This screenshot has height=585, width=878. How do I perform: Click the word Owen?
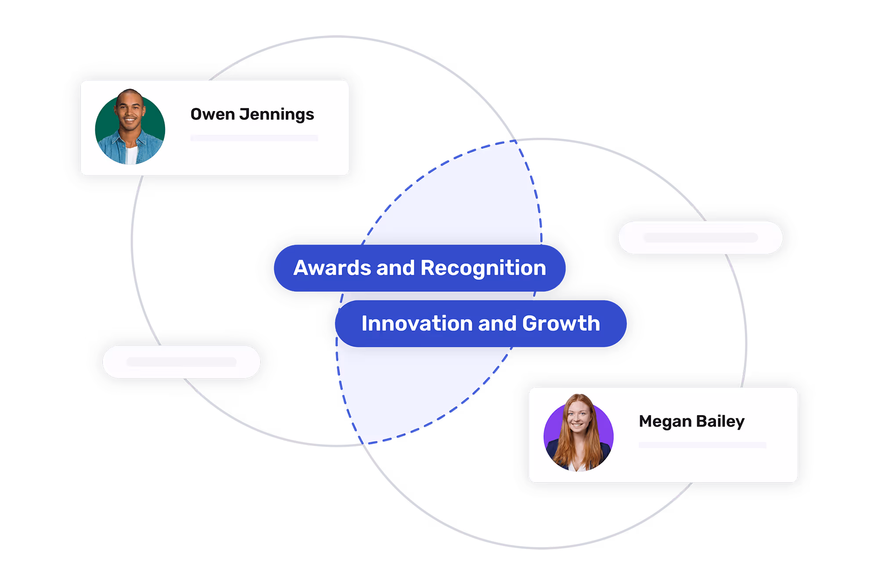(x=212, y=115)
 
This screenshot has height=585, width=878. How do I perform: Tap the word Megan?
(x=665, y=421)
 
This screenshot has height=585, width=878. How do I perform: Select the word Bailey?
(x=720, y=421)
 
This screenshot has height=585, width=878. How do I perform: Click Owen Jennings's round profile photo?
(x=130, y=128)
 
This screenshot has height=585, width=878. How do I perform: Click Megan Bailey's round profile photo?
(x=578, y=434)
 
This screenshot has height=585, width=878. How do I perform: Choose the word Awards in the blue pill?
(x=332, y=268)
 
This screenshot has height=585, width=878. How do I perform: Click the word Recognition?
(x=483, y=268)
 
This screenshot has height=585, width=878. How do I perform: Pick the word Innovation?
(x=417, y=324)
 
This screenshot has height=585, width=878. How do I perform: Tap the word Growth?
(x=561, y=324)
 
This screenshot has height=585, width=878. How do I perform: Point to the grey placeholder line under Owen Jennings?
(x=254, y=138)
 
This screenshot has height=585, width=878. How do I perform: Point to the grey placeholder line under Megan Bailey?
(x=702, y=445)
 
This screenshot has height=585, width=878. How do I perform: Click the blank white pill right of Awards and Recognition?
(x=700, y=237)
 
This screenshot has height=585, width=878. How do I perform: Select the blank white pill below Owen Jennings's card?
(x=181, y=362)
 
